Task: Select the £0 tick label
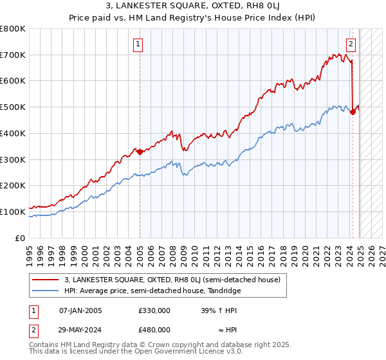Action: (21, 238)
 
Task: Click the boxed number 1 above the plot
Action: (138, 44)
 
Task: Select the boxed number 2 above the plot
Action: (351, 44)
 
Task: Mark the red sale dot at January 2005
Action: (140, 152)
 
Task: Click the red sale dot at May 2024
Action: (353, 112)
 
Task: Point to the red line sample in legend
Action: (46, 280)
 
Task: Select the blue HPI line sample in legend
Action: (46, 291)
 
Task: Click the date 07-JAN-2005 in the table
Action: (80, 310)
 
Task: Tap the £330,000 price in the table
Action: (154, 310)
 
